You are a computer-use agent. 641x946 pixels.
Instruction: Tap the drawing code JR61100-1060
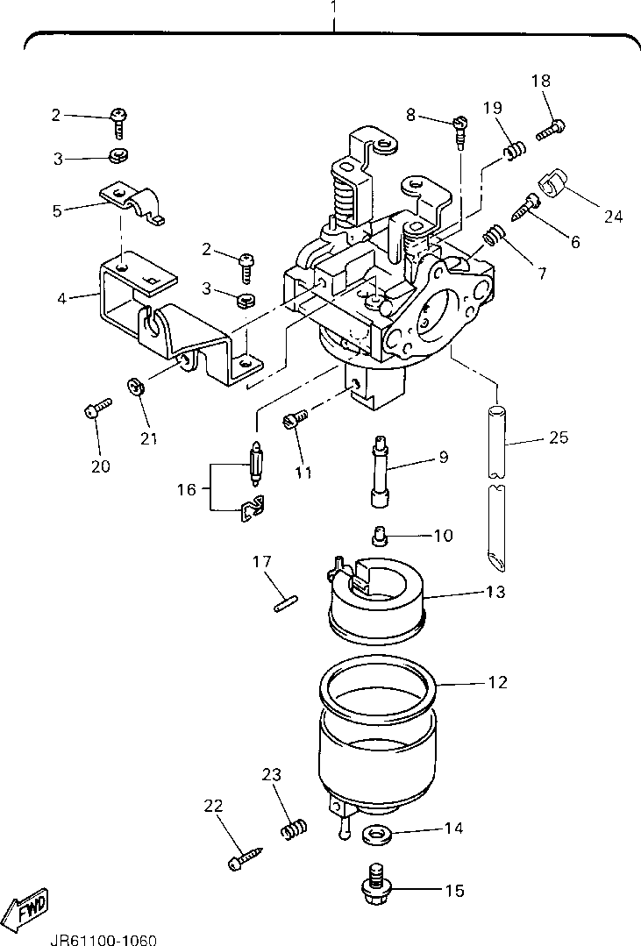[x=103, y=940]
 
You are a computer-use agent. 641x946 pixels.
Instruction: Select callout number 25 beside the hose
[x=559, y=437]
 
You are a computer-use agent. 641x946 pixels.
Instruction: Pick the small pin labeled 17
[x=286, y=604]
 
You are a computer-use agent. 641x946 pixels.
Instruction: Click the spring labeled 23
[x=296, y=829]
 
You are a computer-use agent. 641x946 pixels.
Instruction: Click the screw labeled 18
[x=550, y=129]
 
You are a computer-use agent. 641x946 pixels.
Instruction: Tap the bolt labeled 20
[x=97, y=409]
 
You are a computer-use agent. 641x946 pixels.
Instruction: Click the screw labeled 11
[x=296, y=417]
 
